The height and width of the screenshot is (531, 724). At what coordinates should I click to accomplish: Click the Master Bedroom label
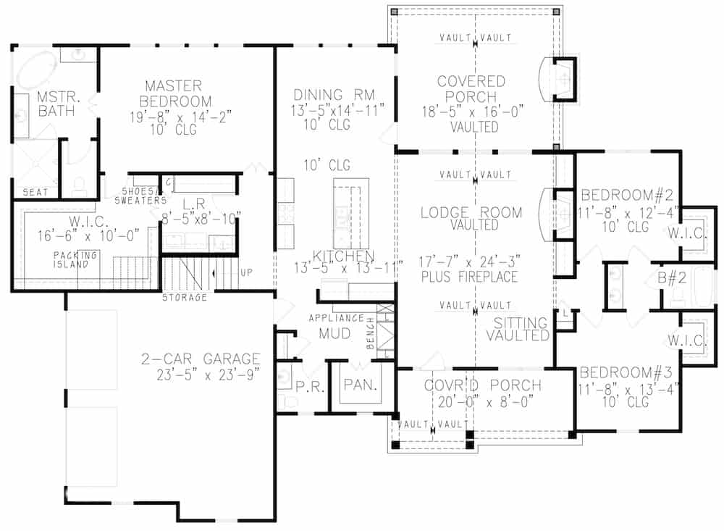[x=177, y=93]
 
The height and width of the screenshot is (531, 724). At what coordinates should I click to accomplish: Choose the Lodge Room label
[x=471, y=212]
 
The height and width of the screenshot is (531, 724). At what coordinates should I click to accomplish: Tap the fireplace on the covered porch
[x=562, y=78]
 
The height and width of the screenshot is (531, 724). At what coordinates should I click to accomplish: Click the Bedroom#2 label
[x=628, y=194]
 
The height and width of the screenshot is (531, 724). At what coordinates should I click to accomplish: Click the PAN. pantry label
[x=359, y=385]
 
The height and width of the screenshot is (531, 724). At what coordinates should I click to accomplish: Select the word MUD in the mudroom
[x=334, y=335]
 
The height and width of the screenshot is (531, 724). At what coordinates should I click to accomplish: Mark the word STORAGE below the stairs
[x=184, y=297]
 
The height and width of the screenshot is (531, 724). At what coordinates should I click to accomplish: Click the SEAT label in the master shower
[x=35, y=192]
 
